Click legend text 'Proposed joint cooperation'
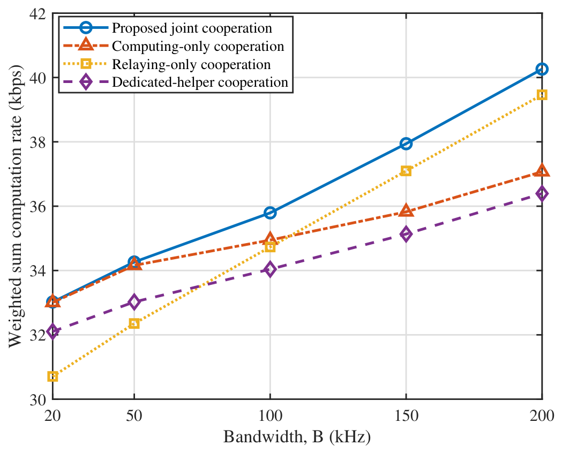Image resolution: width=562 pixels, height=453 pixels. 192,28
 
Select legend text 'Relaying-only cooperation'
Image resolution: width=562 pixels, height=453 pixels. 191,64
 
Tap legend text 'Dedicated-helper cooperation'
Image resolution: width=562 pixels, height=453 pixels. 200,82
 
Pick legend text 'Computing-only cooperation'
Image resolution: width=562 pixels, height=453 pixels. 198,47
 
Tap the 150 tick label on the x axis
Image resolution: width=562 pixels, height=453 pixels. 406,416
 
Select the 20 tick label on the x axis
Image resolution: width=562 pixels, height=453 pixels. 53,416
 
